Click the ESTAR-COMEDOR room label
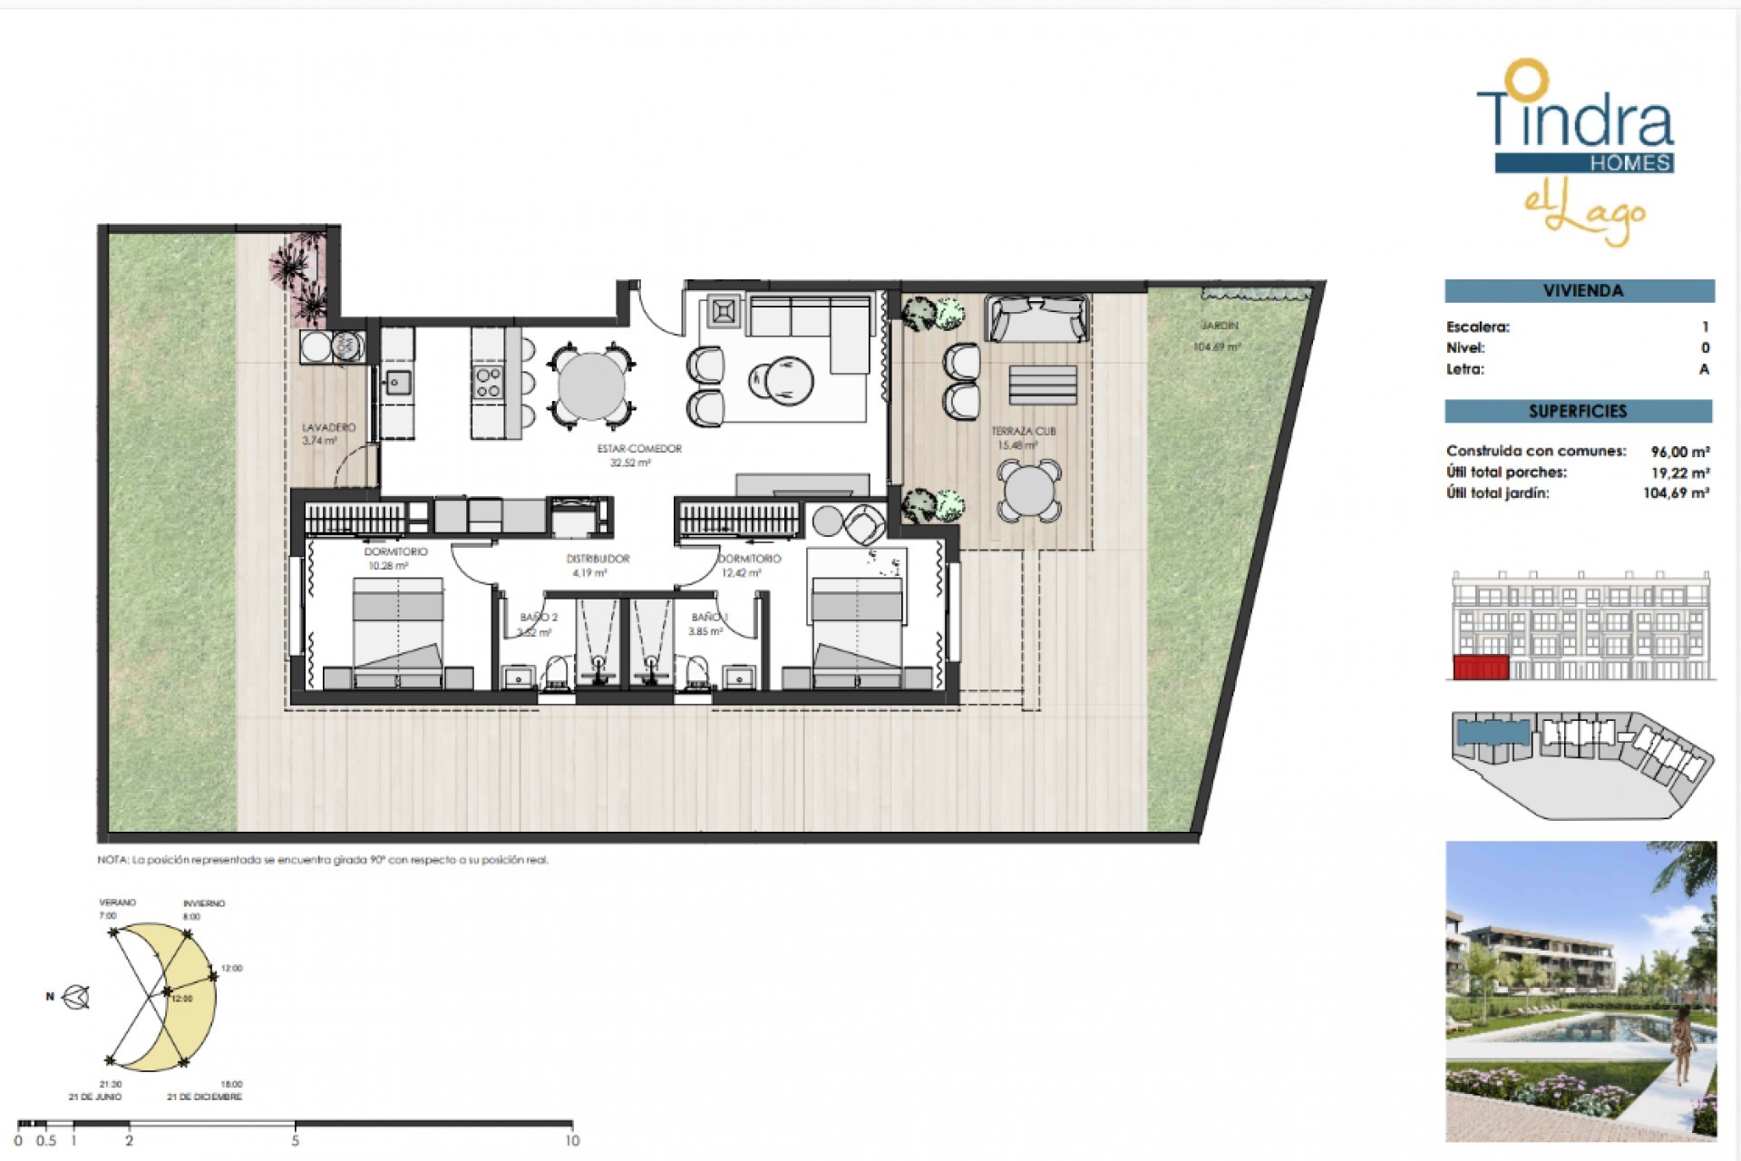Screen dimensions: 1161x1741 coord(638,449)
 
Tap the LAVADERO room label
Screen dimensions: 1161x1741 coord(328,427)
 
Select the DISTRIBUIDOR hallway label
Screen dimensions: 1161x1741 coord(597,560)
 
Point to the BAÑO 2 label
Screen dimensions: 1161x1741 coord(538,618)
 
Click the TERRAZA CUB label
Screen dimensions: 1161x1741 coord(1023,432)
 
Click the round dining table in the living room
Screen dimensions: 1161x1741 coord(591,385)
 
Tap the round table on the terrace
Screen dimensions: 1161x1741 coord(1028,491)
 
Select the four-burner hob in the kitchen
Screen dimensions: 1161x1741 coord(488,383)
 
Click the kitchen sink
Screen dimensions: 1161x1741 coord(396,384)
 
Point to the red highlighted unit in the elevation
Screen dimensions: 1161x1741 coord(1480,668)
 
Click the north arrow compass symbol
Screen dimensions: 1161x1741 coord(77,997)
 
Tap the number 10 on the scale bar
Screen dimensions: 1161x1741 coord(571,1141)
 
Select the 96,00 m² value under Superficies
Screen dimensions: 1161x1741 coord(1679,451)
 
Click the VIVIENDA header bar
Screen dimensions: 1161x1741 coord(1579,291)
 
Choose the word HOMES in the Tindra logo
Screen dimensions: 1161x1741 coord(1629,163)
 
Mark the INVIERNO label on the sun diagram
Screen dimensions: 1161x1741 coord(204,903)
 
